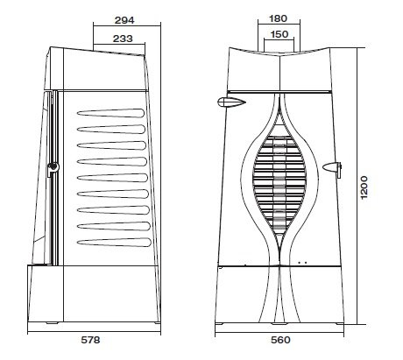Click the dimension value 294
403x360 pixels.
click(124, 20)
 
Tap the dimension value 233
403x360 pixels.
click(123, 39)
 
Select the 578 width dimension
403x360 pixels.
click(90, 340)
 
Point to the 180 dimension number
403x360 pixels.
click(278, 18)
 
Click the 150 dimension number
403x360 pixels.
click(279, 34)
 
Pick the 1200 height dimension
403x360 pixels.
click(364, 187)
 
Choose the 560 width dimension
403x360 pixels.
click(280, 340)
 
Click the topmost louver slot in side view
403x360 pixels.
click(110, 113)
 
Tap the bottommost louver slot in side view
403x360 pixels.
click(114, 242)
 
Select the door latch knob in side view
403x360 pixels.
click(53, 167)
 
